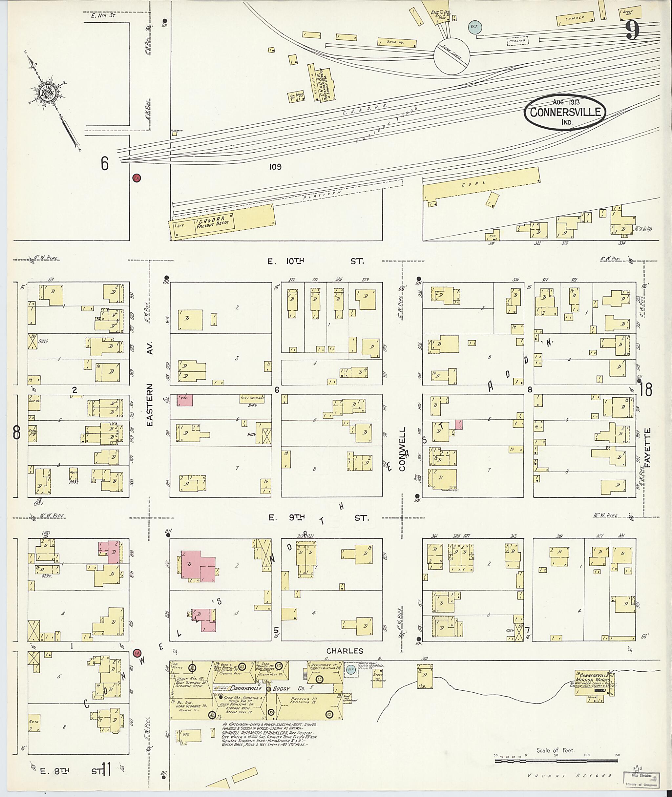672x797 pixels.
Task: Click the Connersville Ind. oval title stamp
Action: click(565, 113)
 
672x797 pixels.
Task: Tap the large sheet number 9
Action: click(632, 31)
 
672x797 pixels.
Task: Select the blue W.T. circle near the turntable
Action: click(475, 27)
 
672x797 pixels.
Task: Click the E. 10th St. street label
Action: click(315, 262)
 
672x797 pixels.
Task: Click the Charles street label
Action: click(345, 651)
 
